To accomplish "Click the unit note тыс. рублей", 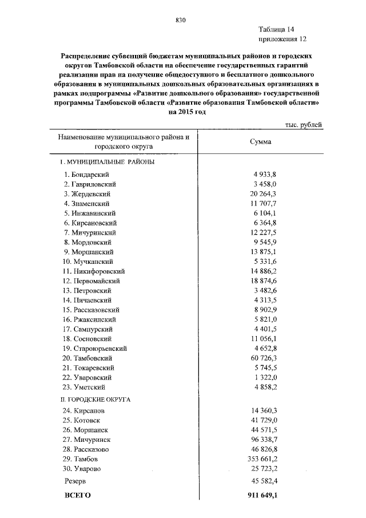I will click(x=303, y=124).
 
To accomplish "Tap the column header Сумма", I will click(x=261, y=142).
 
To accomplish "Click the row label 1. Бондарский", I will click(x=86, y=174).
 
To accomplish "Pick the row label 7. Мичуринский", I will click(x=90, y=232).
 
